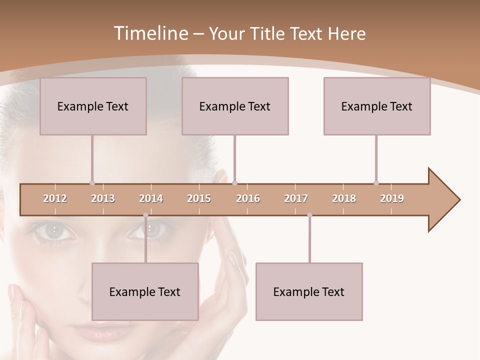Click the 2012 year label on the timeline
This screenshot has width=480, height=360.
55,198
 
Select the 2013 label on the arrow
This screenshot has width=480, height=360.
103,198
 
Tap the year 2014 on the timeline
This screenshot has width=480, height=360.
151,198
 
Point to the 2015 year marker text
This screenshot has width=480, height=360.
199,198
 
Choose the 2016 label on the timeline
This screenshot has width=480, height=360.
248,198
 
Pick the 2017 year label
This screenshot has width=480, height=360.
296,198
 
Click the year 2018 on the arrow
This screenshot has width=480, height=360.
344,198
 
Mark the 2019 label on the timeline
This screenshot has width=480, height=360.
392,198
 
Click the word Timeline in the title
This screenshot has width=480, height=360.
150,33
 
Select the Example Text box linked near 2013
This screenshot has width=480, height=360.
93,106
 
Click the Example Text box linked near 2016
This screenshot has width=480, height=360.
235,106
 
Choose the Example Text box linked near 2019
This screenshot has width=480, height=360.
377,106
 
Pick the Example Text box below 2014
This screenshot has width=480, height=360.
145,291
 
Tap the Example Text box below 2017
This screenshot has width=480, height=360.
309,291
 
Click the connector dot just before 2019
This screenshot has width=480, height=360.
376,183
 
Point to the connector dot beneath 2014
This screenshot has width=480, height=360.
145,215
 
